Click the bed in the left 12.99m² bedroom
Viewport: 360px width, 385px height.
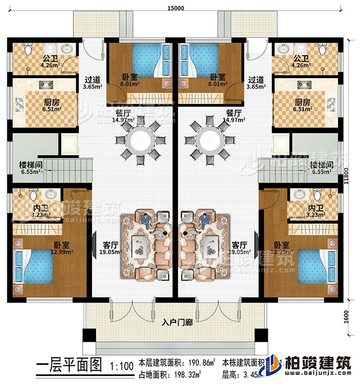click(x=35, y=268)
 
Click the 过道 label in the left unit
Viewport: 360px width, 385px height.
click(x=92, y=81)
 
